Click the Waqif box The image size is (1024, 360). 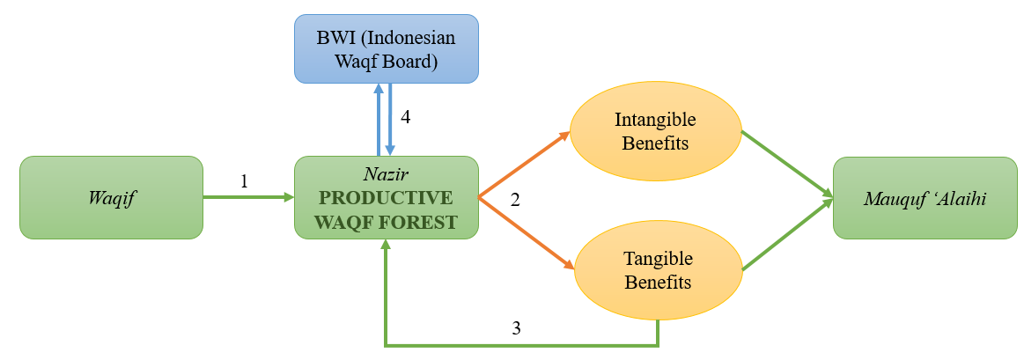pyautogui.click(x=111, y=197)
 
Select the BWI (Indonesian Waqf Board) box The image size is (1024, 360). pyautogui.click(x=386, y=49)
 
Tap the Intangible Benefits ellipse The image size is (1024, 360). pyautogui.click(x=655, y=130)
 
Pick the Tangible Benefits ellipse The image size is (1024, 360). pyautogui.click(x=658, y=270)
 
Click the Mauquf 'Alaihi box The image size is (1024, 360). pyautogui.click(x=925, y=198)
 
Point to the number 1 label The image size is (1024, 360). pyautogui.click(x=244, y=181)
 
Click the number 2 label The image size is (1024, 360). pyautogui.click(x=515, y=200)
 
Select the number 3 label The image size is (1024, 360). pyautogui.click(x=517, y=329)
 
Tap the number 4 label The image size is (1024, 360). pyautogui.click(x=405, y=116)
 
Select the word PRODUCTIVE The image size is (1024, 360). pyautogui.click(x=386, y=197)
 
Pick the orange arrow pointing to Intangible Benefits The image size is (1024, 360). pyautogui.click(x=524, y=165)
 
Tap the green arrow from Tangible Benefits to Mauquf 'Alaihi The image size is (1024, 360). pyautogui.click(x=786, y=236)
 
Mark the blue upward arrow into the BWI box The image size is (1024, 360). pyautogui.click(x=379, y=120)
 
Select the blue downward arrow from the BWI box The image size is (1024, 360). pyautogui.click(x=390, y=120)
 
